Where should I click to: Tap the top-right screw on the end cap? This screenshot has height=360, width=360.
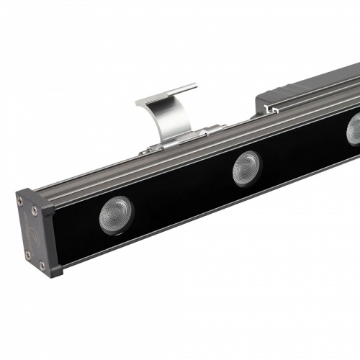pyautogui.click(x=35, y=211)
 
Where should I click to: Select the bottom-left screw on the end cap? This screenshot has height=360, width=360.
pyautogui.click(x=27, y=255)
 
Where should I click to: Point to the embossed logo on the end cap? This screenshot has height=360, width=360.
pyautogui.click(x=30, y=233)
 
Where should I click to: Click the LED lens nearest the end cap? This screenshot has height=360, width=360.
pyautogui.click(x=115, y=215)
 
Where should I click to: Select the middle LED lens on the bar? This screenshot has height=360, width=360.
pyautogui.click(x=246, y=168)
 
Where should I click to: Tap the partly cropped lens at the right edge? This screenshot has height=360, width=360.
pyautogui.click(x=354, y=130)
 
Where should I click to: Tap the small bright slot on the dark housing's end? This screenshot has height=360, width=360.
pyautogui.click(x=270, y=110)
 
